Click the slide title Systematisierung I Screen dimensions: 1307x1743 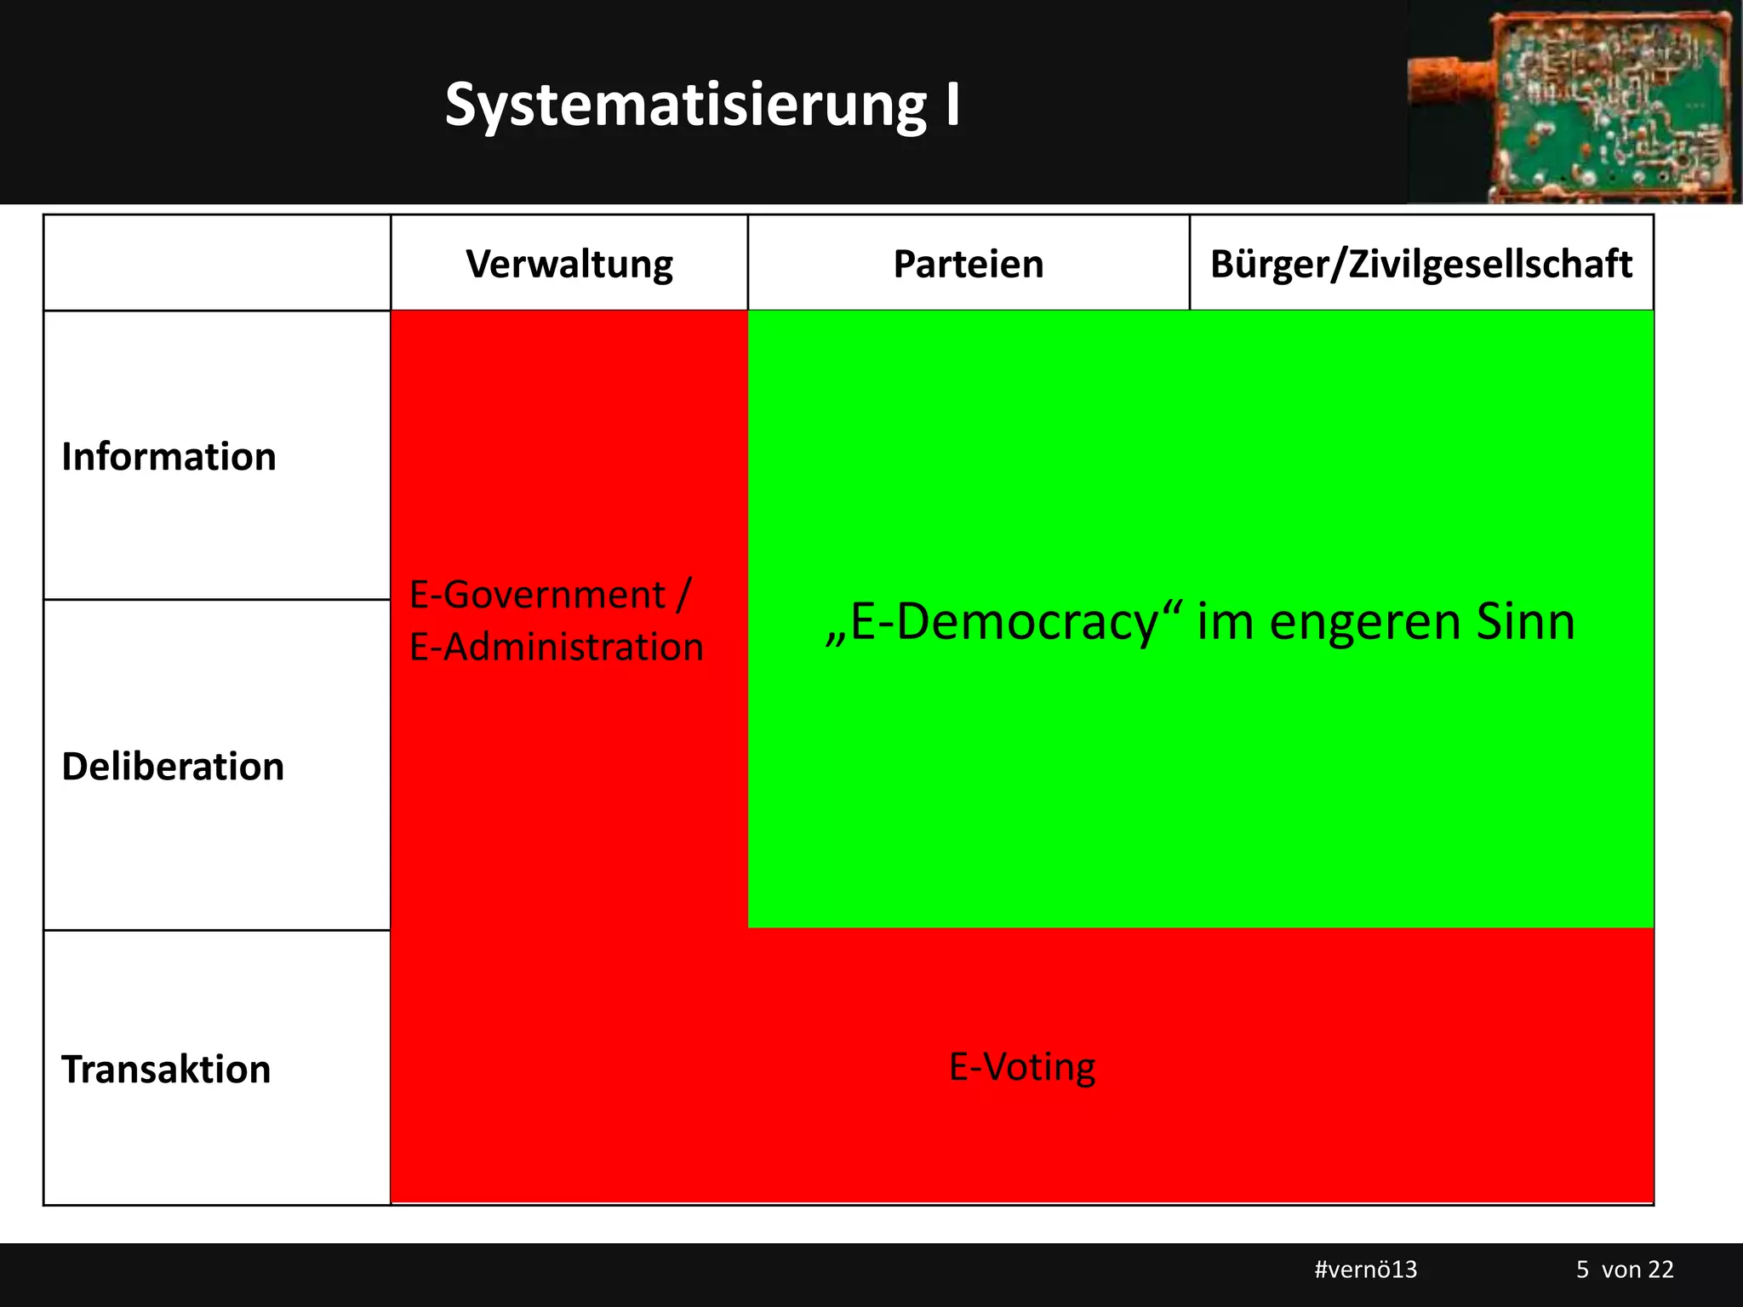tap(702, 106)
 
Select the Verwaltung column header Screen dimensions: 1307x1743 tap(569, 264)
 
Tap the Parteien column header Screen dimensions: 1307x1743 tap(969, 264)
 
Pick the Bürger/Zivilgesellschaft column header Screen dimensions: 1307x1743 tap(1421, 264)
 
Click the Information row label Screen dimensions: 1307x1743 tap(169, 457)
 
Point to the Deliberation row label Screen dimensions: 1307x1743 tap(173, 767)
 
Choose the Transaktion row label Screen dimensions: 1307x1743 tap(166, 1070)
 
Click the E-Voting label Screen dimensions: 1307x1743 tap(1022, 1067)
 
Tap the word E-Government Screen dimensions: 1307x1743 tap(537, 594)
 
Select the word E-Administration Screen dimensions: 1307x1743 tap(557, 647)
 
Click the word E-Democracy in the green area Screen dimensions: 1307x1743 tap(1004, 621)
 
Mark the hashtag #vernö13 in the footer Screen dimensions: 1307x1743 tap(1366, 1270)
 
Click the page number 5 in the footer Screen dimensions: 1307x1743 tap(1582, 1270)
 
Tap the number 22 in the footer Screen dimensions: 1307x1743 tap(1660, 1270)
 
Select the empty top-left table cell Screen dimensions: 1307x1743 tap(217, 263)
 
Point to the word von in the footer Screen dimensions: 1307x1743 tap(1620, 1270)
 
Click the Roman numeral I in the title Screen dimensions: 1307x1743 tap(952, 106)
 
